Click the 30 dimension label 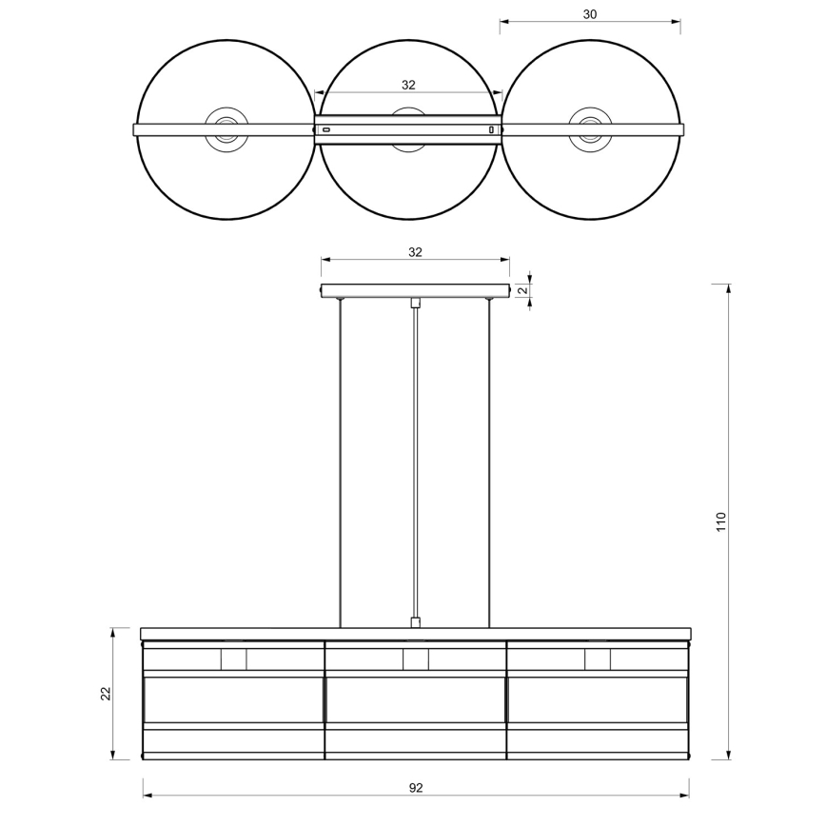coord(590,14)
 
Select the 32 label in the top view coord(408,85)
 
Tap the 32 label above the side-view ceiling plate coord(415,252)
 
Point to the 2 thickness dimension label coord(522,290)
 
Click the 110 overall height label coord(721,521)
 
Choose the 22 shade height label coord(106,694)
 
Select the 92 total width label coord(416,788)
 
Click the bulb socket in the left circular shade coord(226,128)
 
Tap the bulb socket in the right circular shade coord(590,128)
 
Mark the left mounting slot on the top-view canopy coord(326,129)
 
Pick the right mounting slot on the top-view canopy coord(491,129)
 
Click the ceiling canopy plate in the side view coord(415,290)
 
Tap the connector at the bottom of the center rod coord(415,622)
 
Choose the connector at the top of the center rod coord(415,304)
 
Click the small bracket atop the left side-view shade coord(233,659)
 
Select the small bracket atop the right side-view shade coord(598,659)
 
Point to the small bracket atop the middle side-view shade coord(416,659)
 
